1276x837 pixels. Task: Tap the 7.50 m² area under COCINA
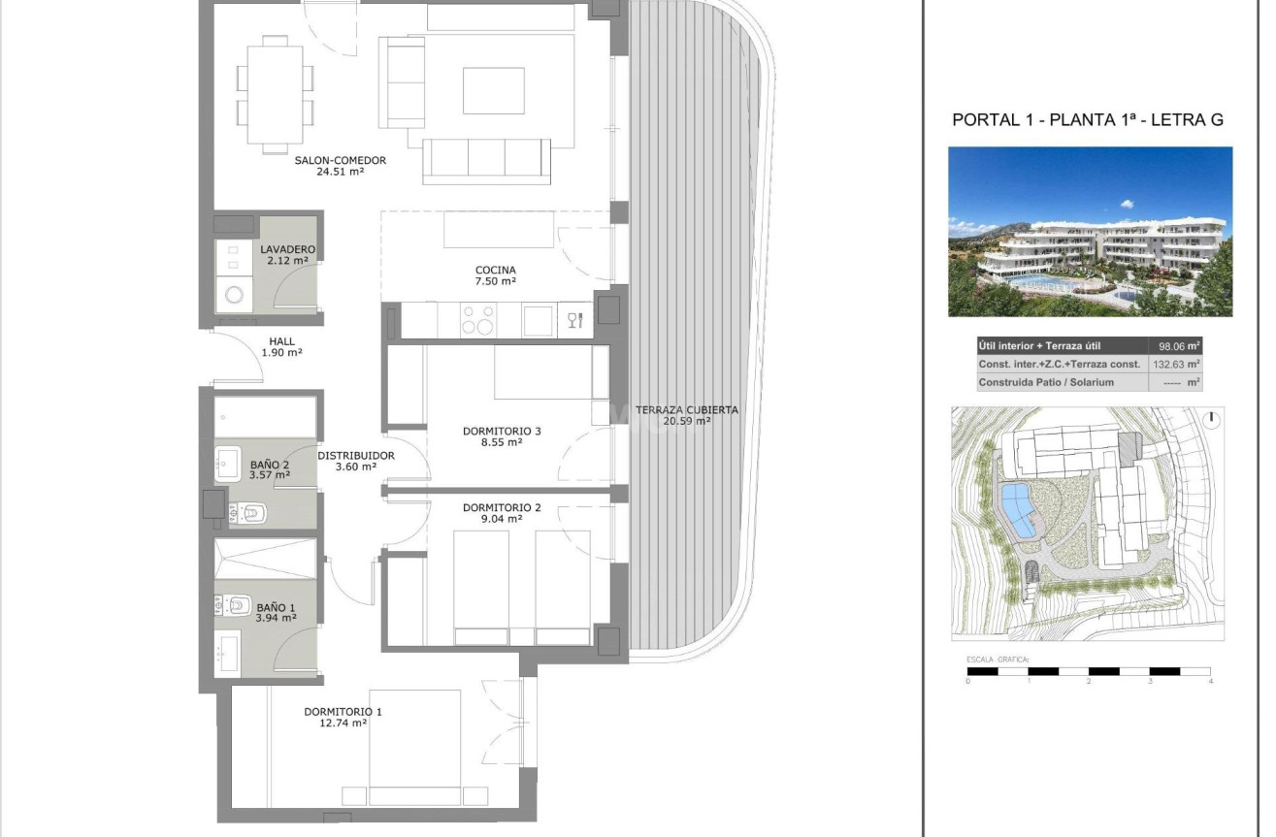coord(495,282)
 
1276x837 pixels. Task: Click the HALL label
coord(282,341)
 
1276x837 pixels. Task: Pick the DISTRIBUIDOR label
coord(355,455)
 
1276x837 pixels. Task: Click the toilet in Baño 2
coord(250,512)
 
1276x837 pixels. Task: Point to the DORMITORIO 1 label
coord(343,711)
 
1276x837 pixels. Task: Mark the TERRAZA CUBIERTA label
coord(687,409)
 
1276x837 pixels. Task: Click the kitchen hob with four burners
coord(476,320)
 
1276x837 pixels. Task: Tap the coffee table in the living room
coord(493,90)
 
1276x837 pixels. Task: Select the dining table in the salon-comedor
coord(275,94)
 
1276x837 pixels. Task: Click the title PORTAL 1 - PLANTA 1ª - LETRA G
coord(1088,120)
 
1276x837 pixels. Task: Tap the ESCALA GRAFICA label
coord(998,660)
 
